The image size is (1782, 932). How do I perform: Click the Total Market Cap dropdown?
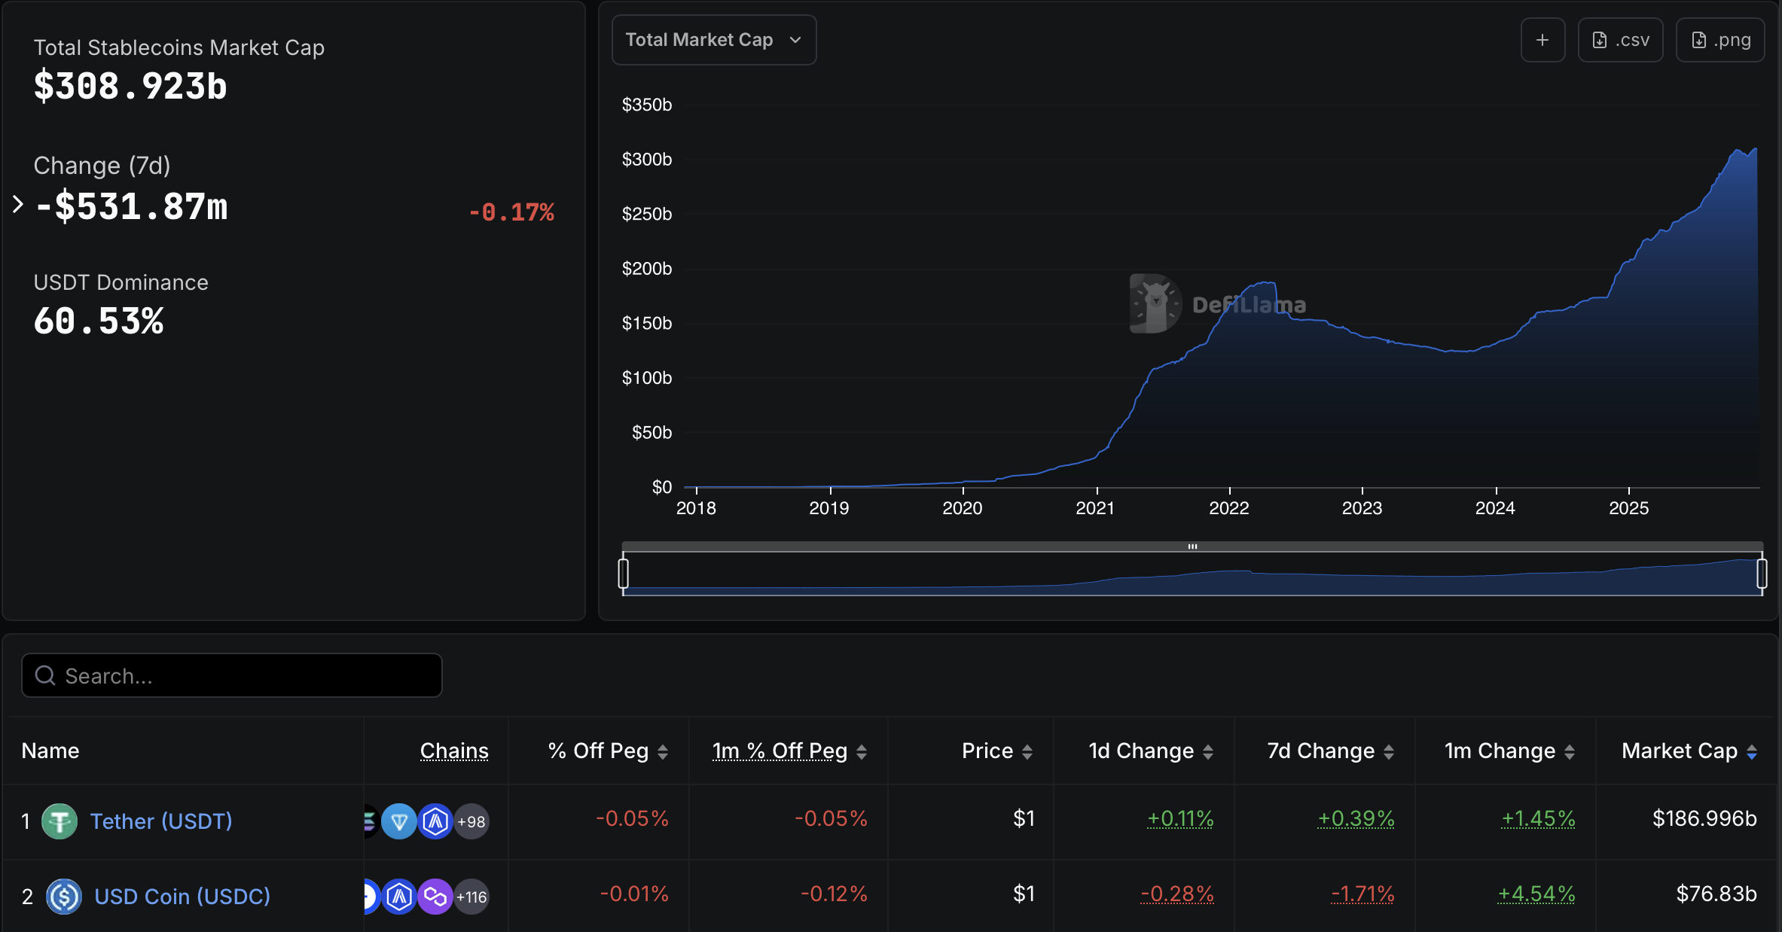point(713,40)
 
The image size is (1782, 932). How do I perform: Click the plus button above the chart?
point(1542,40)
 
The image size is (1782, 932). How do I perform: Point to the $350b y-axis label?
point(646,105)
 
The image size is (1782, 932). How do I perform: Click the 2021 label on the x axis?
point(1094,508)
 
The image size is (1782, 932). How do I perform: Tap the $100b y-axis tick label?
point(646,378)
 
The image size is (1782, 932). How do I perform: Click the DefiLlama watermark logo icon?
point(1154,303)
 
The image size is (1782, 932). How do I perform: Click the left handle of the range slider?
point(623,573)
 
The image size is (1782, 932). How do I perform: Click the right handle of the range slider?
point(1762,573)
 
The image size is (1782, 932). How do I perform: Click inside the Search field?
point(232,675)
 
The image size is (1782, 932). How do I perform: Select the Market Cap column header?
point(1679,751)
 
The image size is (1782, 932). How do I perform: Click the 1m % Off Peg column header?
point(780,751)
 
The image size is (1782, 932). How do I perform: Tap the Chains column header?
point(454,751)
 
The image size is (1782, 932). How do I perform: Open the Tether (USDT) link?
point(161,821)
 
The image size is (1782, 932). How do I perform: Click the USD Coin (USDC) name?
point(182,896)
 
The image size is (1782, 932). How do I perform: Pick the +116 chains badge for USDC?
point(471,897)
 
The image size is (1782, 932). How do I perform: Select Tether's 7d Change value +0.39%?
point(1356,818)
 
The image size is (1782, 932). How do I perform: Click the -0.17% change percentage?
point(511,212)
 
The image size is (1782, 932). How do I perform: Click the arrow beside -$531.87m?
point(18,204)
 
